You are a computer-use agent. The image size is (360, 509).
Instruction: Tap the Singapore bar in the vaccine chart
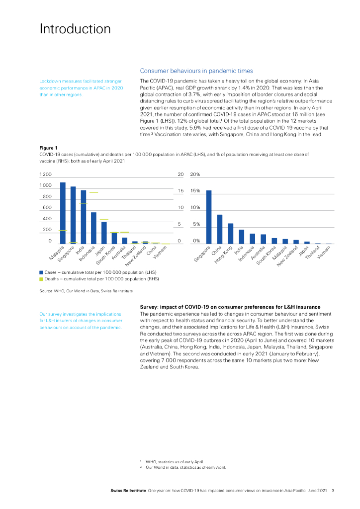pos(209,217)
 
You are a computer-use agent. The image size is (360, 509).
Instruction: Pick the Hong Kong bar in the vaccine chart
pos(230,234)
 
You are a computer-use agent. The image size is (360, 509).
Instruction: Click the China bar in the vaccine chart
pos(219,229)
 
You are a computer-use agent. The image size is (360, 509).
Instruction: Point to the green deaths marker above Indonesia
pos(93,192)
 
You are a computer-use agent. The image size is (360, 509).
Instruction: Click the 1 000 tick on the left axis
pos(46,185)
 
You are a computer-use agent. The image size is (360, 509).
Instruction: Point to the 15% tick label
pos(195,191)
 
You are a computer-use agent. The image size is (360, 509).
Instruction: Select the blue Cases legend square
pos(41,272)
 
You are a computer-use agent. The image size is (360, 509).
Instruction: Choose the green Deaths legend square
pos(41,279)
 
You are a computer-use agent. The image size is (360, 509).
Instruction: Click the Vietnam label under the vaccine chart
pos(324,254)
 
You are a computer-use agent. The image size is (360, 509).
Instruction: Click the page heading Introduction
pos(75,29)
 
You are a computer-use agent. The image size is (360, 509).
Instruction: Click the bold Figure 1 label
pos(49,148)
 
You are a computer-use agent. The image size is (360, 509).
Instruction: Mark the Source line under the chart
pos(86,290)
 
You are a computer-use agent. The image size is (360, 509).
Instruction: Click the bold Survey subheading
pos(230,307)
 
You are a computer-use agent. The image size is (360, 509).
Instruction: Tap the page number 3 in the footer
pos(333,491)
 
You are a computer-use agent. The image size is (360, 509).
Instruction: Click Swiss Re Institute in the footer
pos(128,491)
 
